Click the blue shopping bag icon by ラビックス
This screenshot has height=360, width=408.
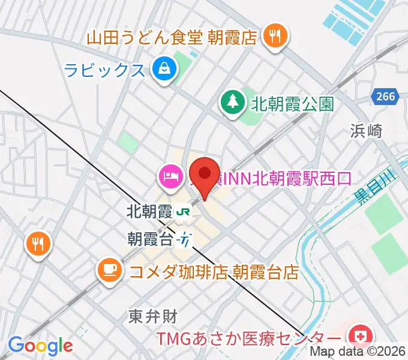163,70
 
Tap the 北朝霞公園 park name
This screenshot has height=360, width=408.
292,104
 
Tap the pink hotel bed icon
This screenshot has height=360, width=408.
169,176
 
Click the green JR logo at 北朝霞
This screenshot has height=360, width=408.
184,212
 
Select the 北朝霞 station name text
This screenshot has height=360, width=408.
150,212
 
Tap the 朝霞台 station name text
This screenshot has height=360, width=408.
150,239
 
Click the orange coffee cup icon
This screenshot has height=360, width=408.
109,268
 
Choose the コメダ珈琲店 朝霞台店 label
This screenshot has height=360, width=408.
214,272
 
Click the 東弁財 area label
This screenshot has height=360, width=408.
153,316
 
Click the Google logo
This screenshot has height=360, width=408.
40,345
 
